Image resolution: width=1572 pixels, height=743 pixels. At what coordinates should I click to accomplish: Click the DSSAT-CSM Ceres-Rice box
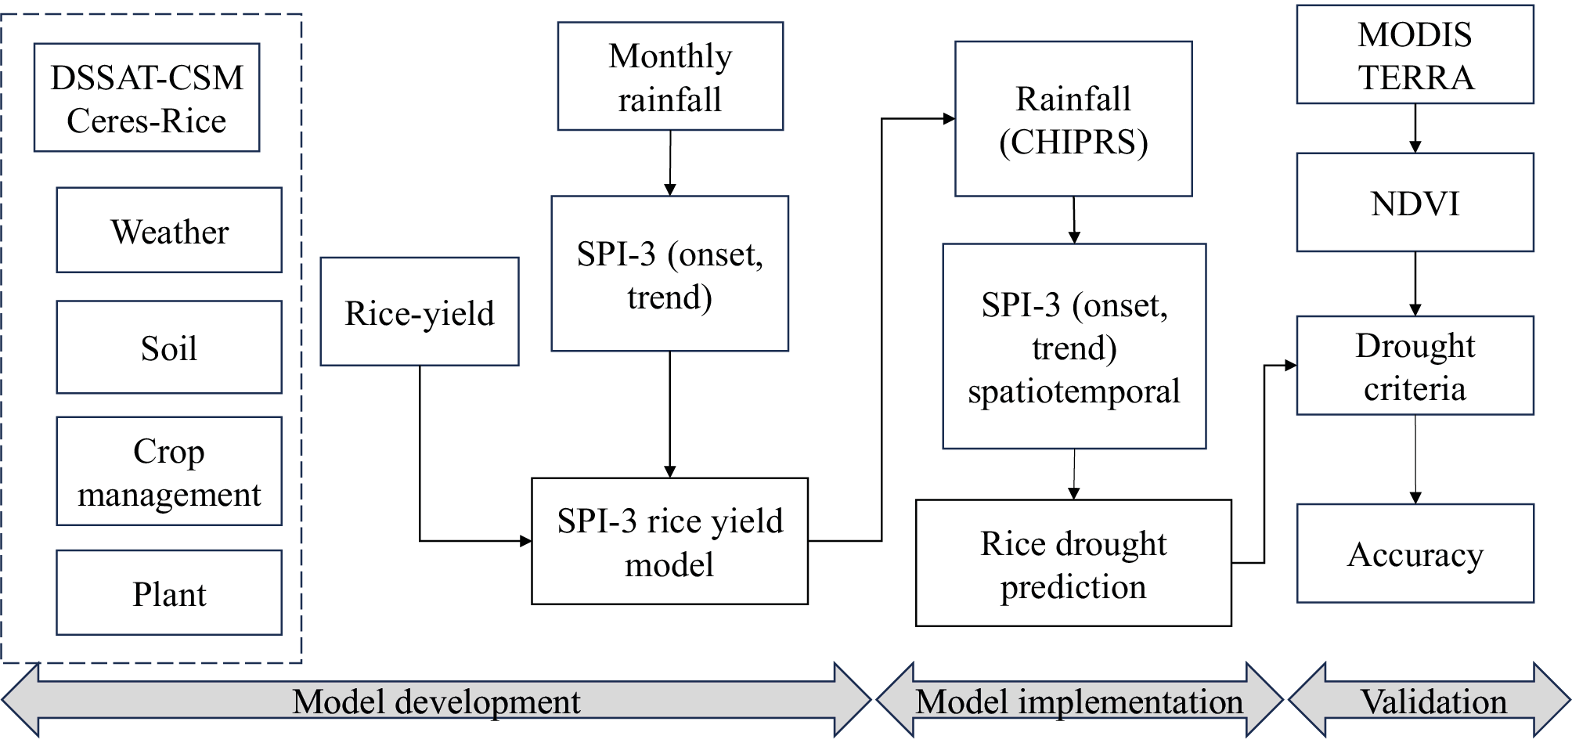146,98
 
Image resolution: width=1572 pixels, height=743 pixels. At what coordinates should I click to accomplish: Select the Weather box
169,230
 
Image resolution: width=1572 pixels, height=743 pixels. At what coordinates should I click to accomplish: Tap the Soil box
169,348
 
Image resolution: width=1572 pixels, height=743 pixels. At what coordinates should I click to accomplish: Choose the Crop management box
169,471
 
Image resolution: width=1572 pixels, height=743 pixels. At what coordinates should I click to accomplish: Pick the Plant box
169,593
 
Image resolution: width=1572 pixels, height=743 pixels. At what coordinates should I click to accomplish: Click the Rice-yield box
420,312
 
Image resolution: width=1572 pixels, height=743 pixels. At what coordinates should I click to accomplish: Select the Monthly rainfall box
670,77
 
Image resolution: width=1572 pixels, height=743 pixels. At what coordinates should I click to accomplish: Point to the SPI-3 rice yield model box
670,542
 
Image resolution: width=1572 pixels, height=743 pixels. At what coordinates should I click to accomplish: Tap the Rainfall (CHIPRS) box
1073,119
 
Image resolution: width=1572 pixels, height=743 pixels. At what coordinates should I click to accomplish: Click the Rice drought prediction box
1073,564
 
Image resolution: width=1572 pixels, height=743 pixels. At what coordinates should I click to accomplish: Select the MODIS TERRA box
1415,55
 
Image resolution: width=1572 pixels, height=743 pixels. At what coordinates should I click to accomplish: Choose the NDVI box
1415,203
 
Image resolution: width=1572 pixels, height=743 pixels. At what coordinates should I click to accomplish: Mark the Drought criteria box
1415,366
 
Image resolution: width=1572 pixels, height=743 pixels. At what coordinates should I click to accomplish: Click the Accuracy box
1415,554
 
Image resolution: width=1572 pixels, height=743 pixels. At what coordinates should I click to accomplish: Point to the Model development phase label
436,702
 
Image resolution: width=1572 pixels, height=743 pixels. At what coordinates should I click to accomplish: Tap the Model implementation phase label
1080,702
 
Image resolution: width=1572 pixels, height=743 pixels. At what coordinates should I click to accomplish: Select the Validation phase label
1433,702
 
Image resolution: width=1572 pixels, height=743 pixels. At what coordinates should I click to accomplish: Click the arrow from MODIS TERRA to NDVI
1415,128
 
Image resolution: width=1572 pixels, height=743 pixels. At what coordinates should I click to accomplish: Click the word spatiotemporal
1073,391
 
